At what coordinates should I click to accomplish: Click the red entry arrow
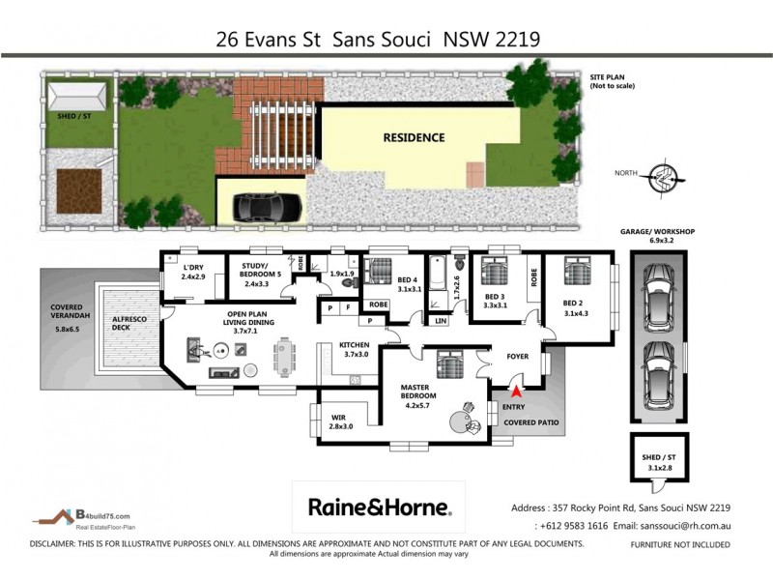pyautogui.click(x=516, y=391)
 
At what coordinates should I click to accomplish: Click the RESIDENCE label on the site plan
pyautogui.click(x=414, y=137)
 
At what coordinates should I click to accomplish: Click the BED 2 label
pyautogui.click(x=577, y=307)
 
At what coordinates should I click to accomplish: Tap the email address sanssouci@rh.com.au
pyautogui.click(x=673, y=525)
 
